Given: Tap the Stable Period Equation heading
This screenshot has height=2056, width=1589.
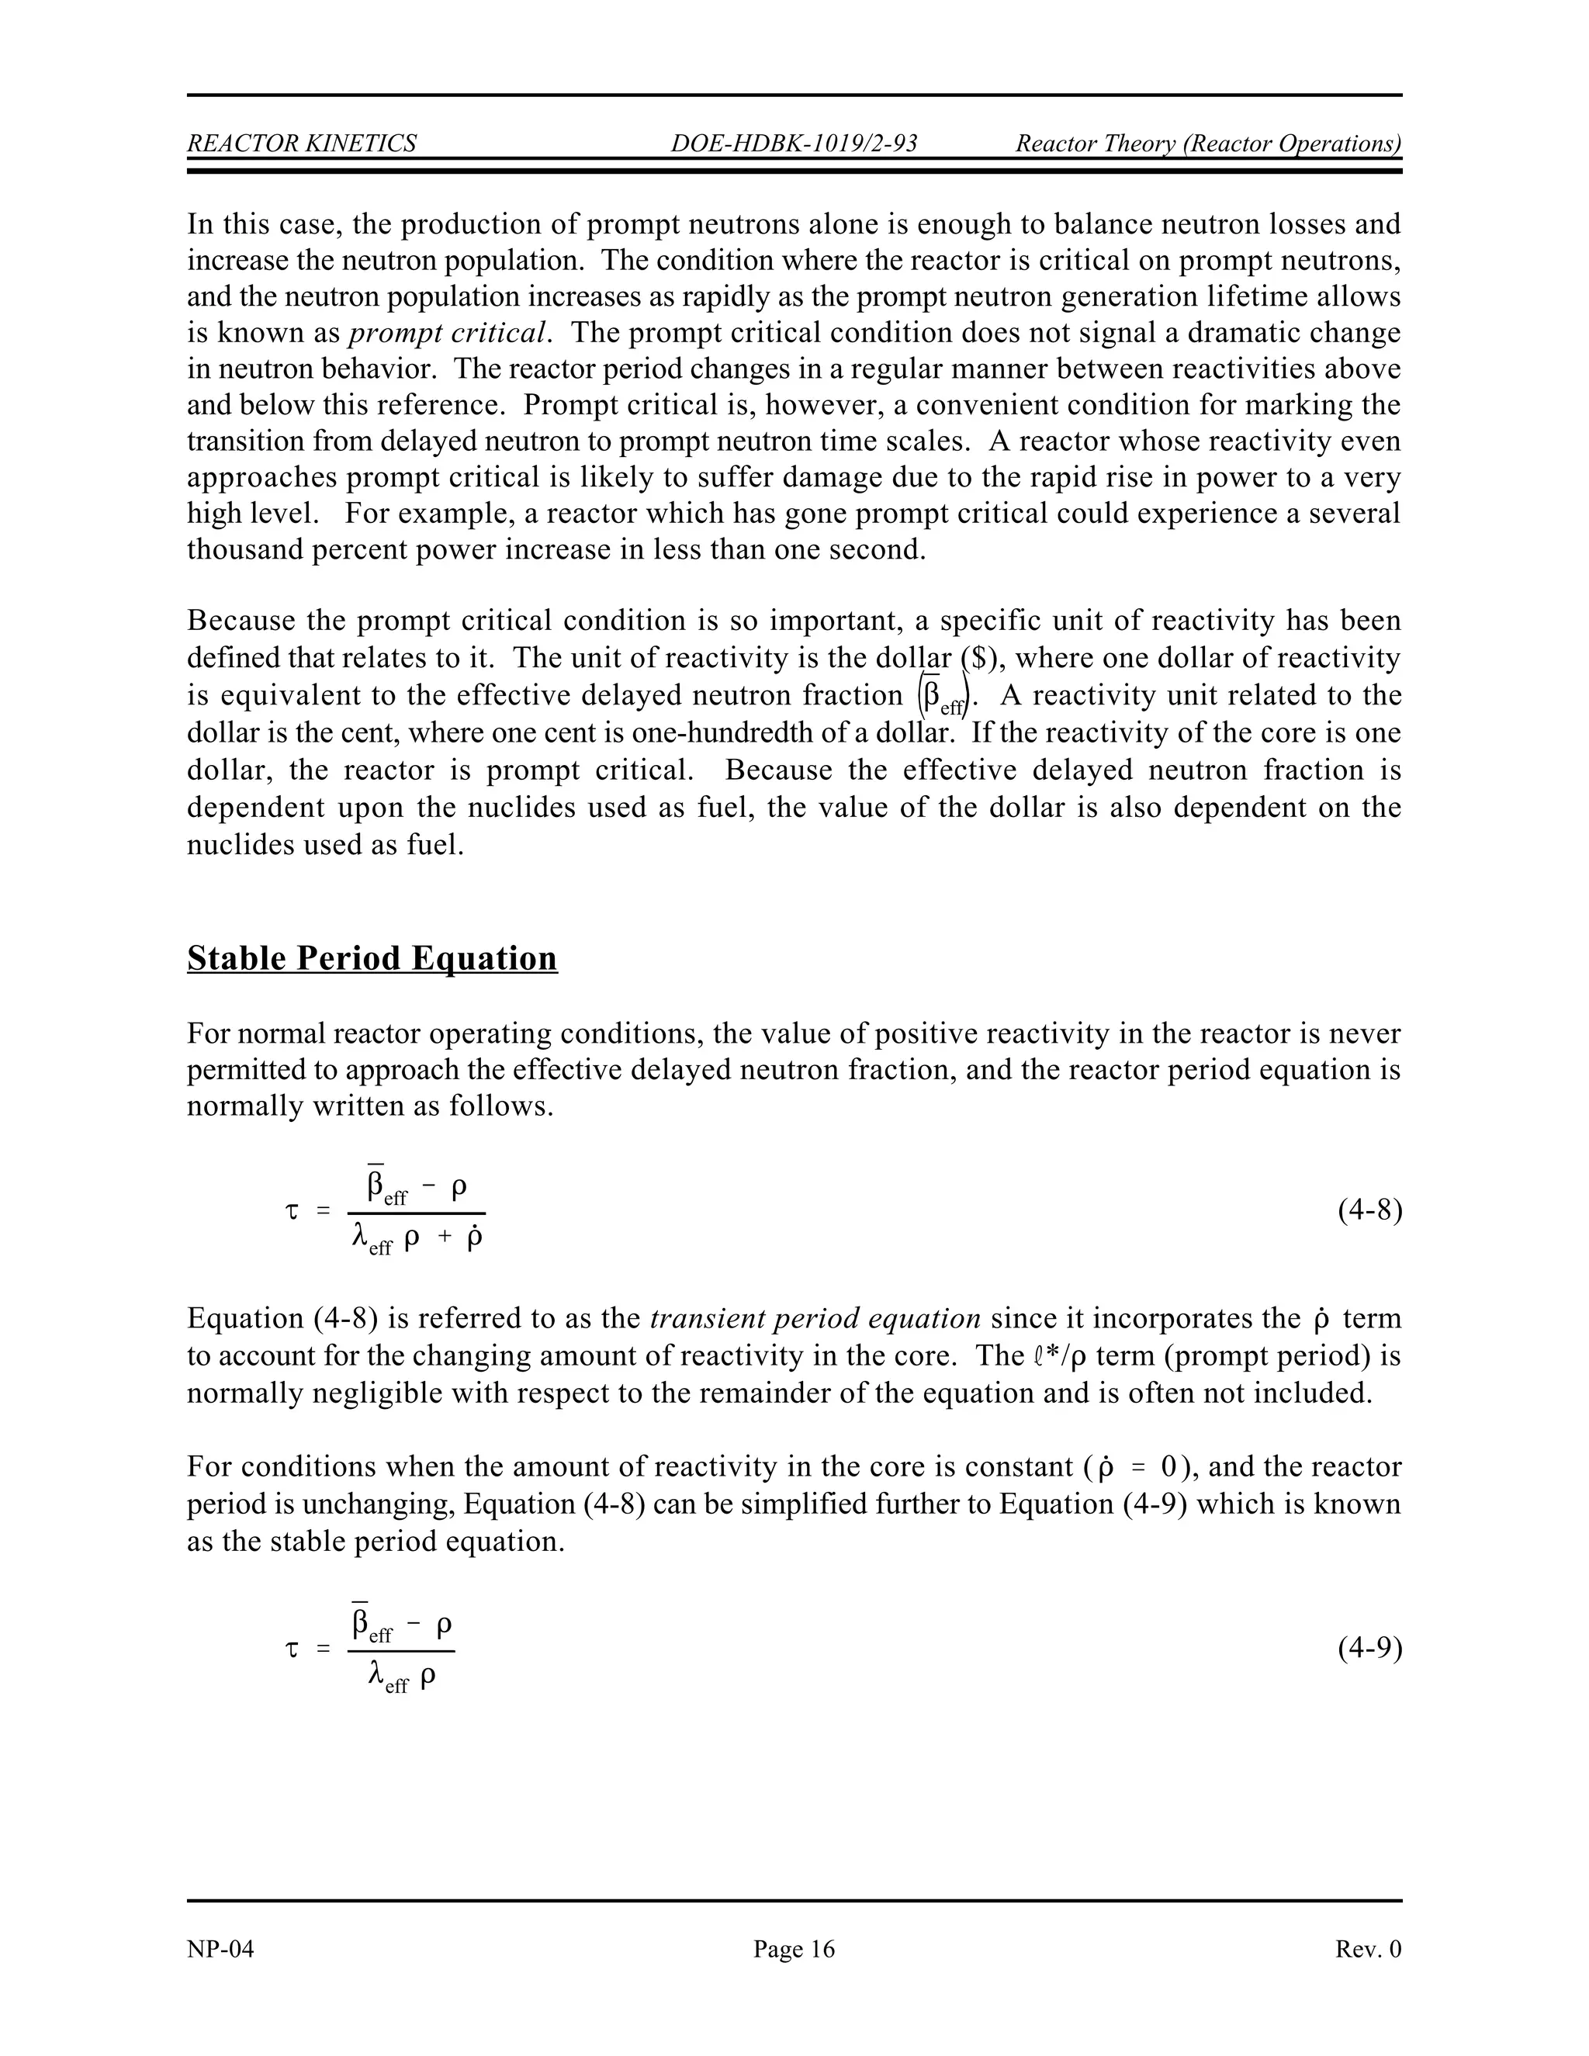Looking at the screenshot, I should coord(372,958).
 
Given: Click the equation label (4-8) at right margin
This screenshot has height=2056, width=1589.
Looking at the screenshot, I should coord(1369,1210).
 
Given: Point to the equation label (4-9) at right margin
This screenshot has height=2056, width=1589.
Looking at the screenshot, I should coord(1369,1649).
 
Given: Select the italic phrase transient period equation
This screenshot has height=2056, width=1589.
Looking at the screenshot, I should coord(815,1318).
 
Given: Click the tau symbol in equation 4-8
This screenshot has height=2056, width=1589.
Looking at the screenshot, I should coord(292,1212).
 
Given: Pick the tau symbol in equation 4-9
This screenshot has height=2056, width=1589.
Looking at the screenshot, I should coord(292,1649).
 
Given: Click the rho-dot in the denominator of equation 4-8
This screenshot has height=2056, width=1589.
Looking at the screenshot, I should coord(473,1236).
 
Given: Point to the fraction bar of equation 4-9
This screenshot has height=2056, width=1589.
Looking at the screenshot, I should coord(401,1650).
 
